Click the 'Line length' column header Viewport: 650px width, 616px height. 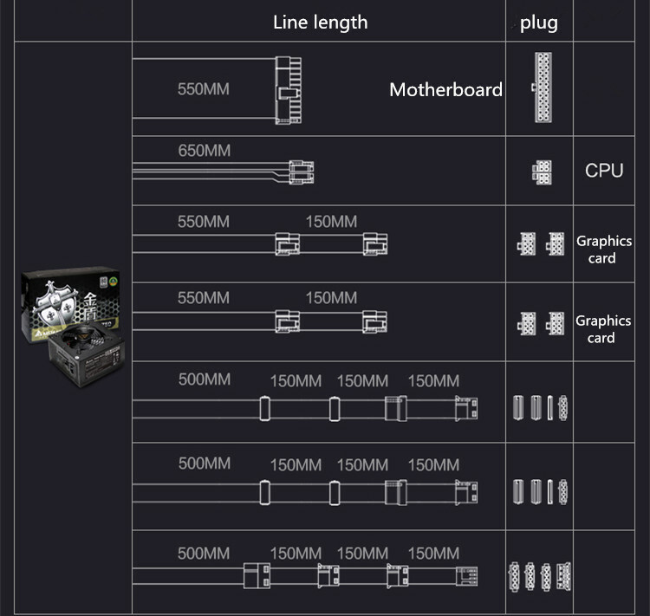click(320, 23)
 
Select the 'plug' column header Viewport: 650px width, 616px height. click(539, 23)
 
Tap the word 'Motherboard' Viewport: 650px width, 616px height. click(445, 89)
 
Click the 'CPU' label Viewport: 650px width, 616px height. click(604, 170)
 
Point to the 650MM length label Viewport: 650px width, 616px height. click(205, 151)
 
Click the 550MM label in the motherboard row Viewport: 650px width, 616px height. click(204, 88)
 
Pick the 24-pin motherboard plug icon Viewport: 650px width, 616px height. click(543, 88)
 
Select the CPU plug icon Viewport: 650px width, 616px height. click(543, 171)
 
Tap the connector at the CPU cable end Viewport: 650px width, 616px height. click(299, 172)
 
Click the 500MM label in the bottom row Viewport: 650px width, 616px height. click(204, 553)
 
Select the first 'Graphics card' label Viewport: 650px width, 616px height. click(604, 250)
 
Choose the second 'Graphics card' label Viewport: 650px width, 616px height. click(604, 329)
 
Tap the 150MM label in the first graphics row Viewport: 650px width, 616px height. click(331, 221)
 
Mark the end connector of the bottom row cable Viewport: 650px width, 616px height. click(466, 575)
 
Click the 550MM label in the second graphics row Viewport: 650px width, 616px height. click(204, 298)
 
